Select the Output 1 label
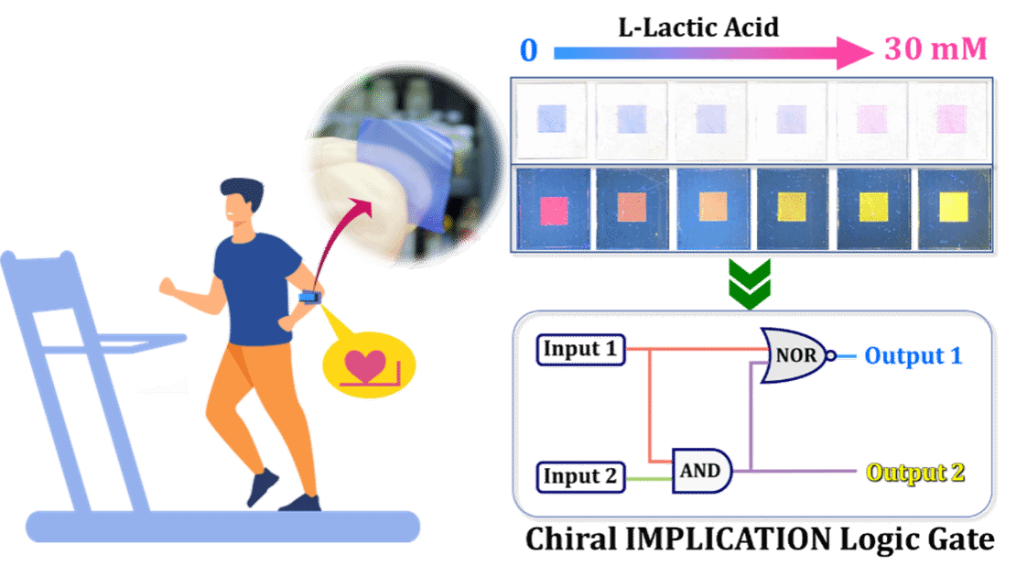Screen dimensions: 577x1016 [x=913, y=355]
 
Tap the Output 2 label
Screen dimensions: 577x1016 [x=914, y=473]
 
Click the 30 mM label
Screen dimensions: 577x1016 [x=935, y=49]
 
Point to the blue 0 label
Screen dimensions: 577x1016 [x=529, y=50]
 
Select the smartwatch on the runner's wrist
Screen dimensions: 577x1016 [x=309, y=297]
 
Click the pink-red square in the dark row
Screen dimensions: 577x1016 [x=555, y=211]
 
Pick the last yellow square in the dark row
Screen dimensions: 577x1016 [x=955, y=207]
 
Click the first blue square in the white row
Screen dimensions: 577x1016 [x=553, y=118]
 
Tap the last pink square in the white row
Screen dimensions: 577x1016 [x=952, y=118]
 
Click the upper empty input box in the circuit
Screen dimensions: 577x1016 [x=580, y=350]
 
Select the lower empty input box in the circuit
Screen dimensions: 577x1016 [x=580, y=478]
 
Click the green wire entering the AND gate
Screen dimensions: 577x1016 [x=649, y=478]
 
